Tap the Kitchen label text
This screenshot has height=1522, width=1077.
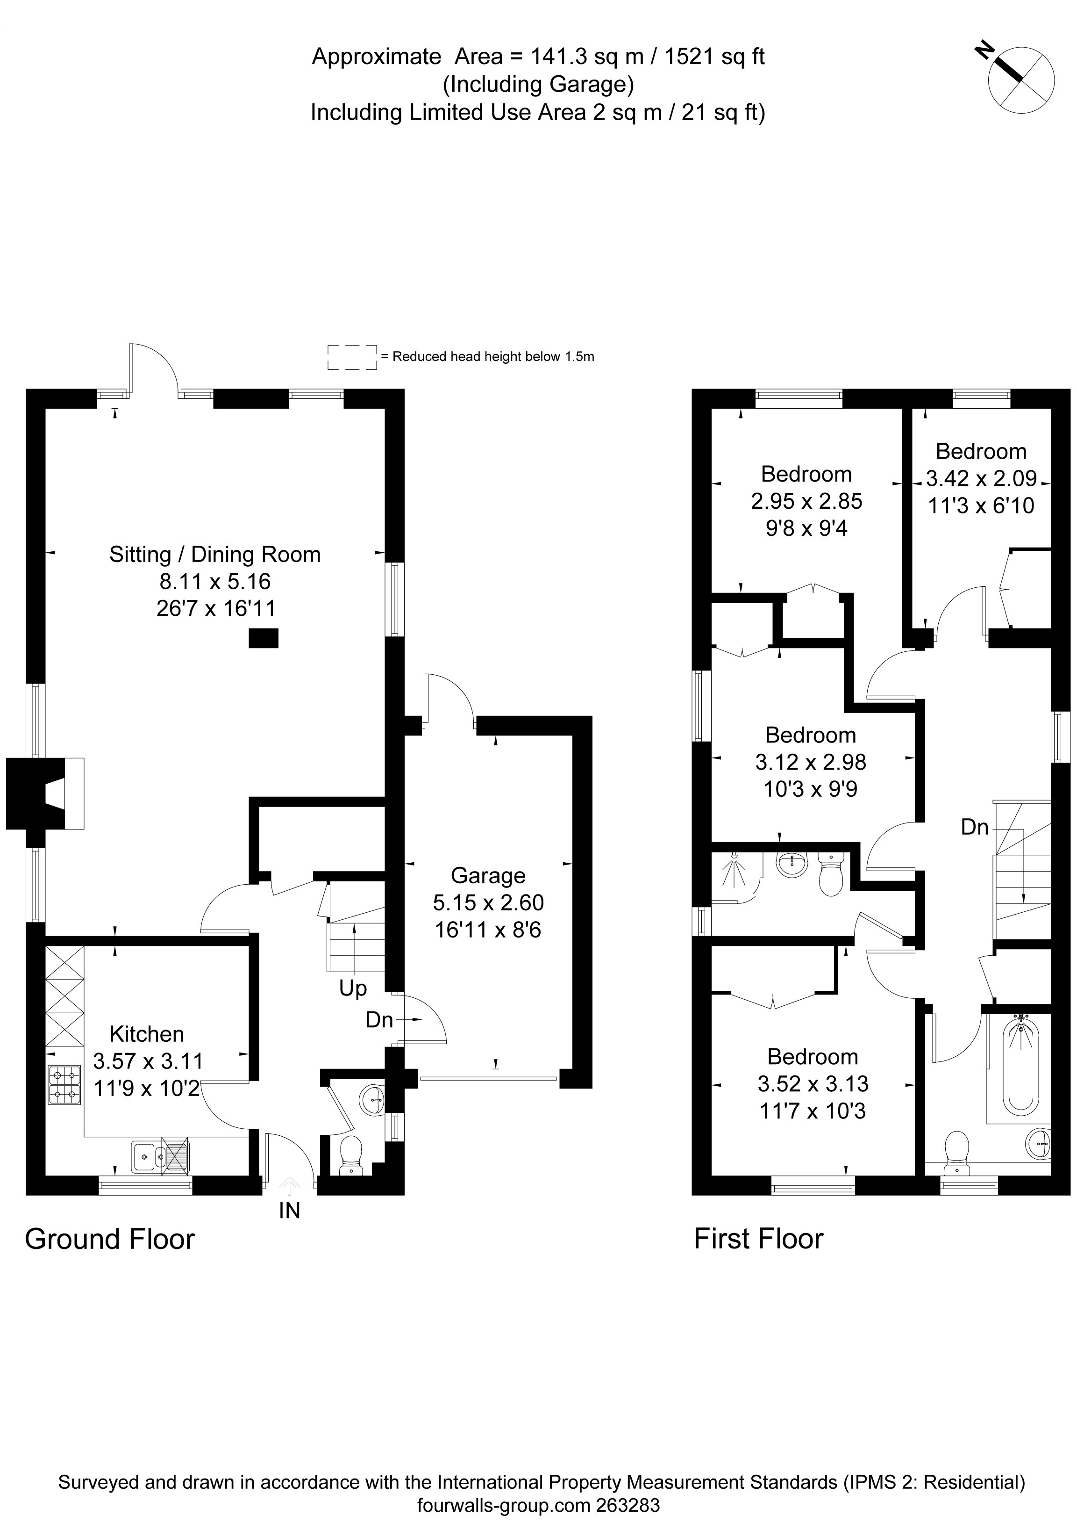point(147,1034)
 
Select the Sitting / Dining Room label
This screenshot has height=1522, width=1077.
point(215,554)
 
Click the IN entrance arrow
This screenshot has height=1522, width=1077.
point(289,1184)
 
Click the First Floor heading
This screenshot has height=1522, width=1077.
point(759,1239)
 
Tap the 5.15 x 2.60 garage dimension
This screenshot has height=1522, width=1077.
point(488,902)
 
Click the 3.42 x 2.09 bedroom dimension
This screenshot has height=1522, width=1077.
point(981,478)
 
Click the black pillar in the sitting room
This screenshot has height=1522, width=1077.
point(263,638)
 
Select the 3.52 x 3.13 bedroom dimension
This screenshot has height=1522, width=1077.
point(813,1083)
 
